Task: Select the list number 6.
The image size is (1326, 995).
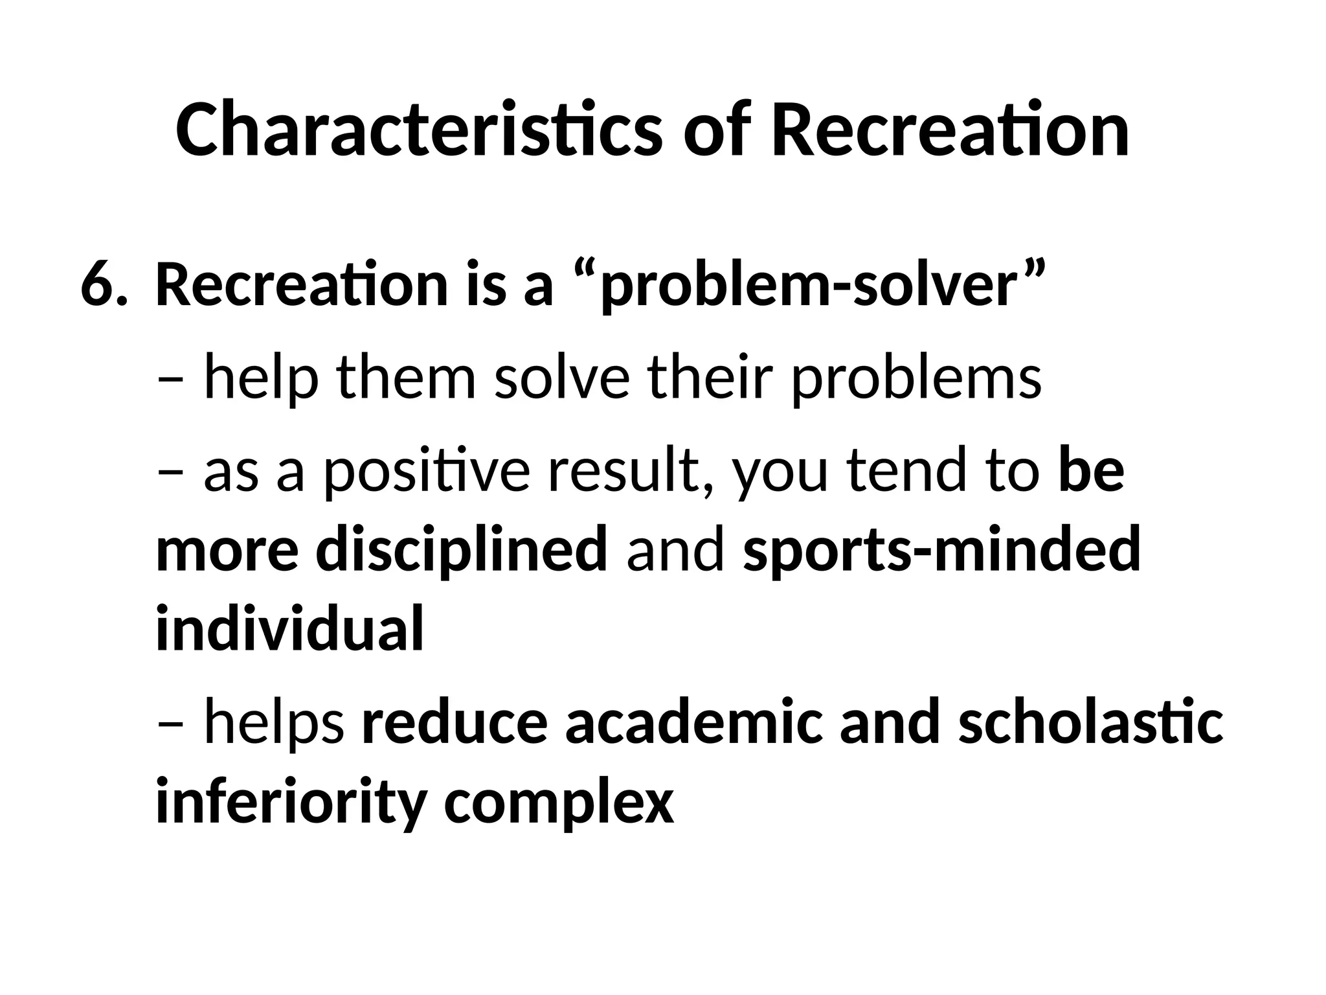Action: click(x=100, y=286)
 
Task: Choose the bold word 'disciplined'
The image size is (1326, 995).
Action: click(x=461, y=550)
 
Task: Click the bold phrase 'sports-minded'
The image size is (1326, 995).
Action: click(x=941, y=550)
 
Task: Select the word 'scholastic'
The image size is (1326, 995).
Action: click(x=1090, y=723)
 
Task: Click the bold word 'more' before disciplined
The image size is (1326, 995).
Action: click(x=227, y=550)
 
